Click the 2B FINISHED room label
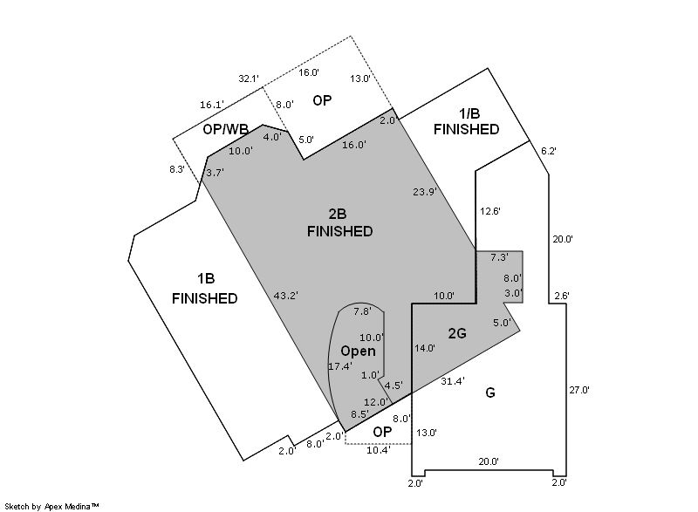point(339,223)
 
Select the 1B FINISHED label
point(205,288)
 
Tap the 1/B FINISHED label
point(466,121)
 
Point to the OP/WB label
point(225,129)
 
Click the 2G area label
point(457,333)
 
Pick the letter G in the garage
point(489,393)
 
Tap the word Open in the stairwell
point(358,351)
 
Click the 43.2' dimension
point(285,296)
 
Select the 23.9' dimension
point(425,192)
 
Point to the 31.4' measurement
point(453,381)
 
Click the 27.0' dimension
point(579,390)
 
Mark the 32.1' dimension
point(249,79)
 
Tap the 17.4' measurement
point(340,366)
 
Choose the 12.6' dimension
point(490,211)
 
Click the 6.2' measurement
point(549,151)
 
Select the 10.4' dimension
point(379,450)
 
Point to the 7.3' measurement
point(499,257)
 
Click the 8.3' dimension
point(177,169)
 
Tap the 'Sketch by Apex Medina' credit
point(51,506)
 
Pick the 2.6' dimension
point(561,296)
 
